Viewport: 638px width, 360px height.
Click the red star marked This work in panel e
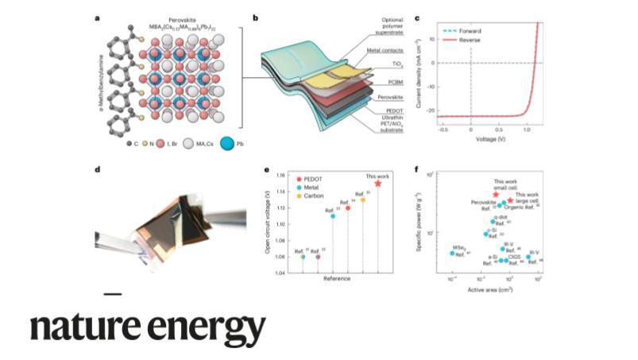tap(378, 184)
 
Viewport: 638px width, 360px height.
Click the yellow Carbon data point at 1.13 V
tap(363, 200)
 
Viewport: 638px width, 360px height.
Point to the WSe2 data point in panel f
tap(452, 254)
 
